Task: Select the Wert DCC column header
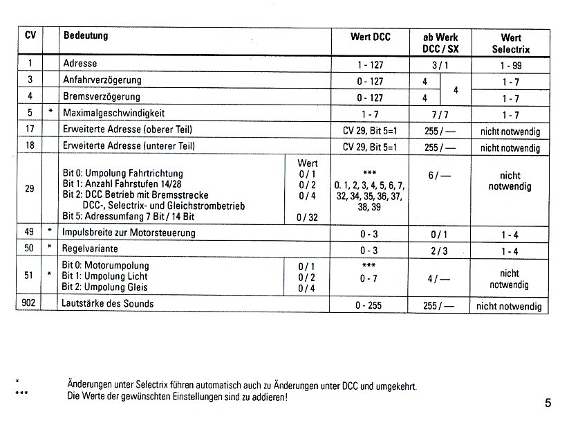[371, 37]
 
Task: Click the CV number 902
[28, 304]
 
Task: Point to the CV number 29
[28, 189]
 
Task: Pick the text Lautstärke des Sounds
[108, 304]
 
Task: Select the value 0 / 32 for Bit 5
[307, 217]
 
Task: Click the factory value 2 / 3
[440, 249]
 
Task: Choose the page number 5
[548, 403]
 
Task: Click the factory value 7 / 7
[440, 114]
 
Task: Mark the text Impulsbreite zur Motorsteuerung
[129, 233]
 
